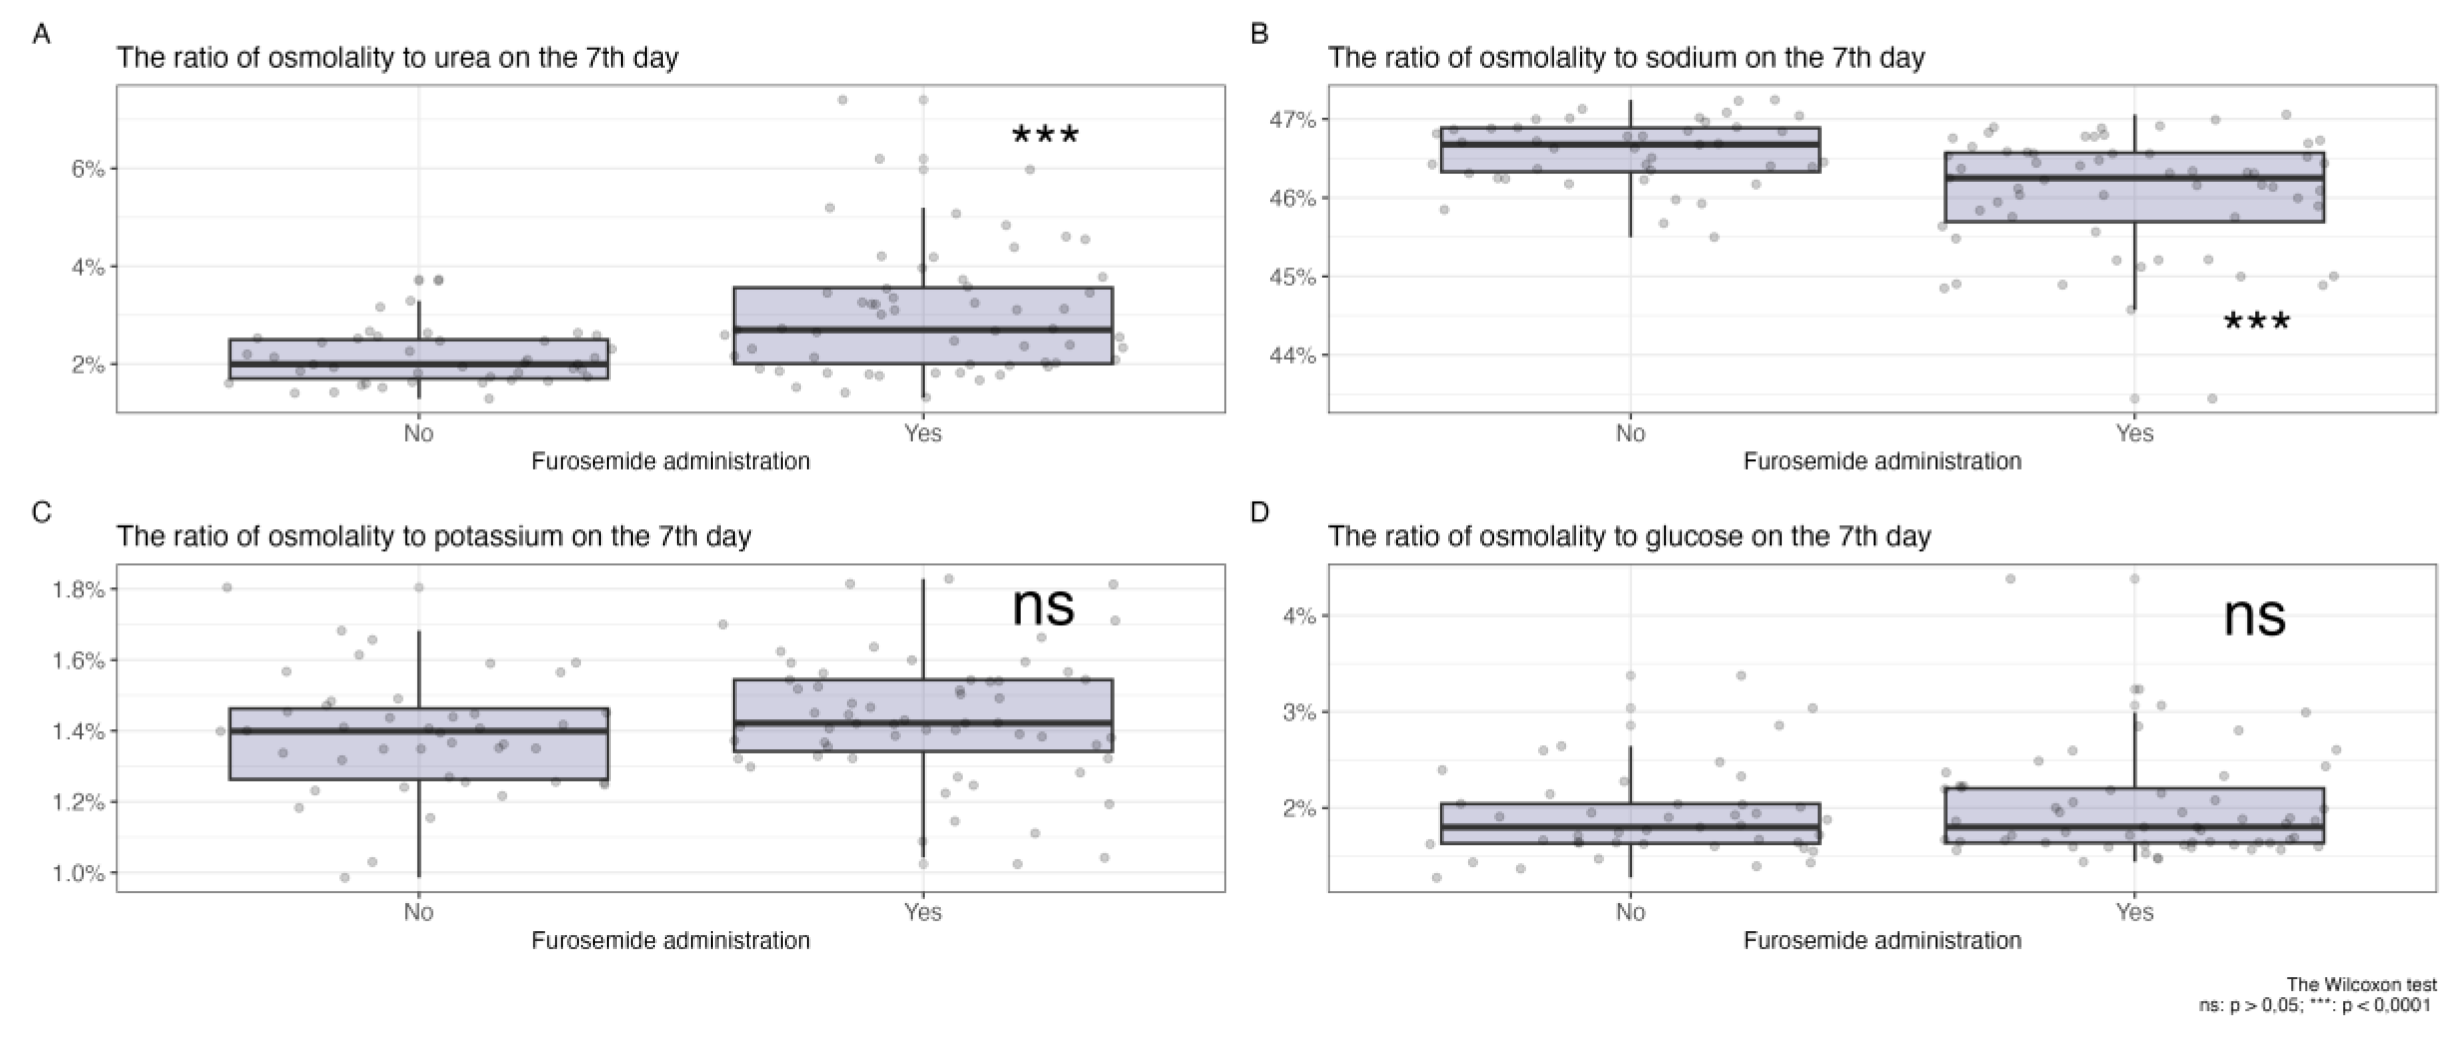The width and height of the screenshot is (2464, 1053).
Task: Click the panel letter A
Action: [x=41, y=35]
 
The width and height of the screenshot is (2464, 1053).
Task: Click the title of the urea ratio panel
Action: [x=397, y=59]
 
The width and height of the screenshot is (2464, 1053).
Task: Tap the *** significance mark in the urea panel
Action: [x=1045, y=135]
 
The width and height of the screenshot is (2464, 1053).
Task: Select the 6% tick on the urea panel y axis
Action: [x=87, y=168]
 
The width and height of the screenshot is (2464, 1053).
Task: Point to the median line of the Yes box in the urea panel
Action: [x=923, y=329]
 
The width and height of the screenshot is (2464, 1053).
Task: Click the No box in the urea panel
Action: [x=418, y=359]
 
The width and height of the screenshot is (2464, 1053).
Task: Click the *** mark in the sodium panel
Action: [x=2256, y=322]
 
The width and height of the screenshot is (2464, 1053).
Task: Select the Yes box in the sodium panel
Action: [x=2134, y=188]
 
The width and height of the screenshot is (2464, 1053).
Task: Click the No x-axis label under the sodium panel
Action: [x=1630, y=434]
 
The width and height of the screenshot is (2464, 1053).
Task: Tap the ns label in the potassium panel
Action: [x=1043, y=606]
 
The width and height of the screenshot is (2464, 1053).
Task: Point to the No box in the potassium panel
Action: [x=418, y=744]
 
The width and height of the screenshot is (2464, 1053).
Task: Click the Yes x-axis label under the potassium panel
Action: [x=922, y=913]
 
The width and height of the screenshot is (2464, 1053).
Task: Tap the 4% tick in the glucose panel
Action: [x=1299, y=615]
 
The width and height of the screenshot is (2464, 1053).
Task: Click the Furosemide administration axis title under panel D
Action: [x=1881, y=941]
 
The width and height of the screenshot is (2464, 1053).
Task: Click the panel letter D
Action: [x=1260, y=513]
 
